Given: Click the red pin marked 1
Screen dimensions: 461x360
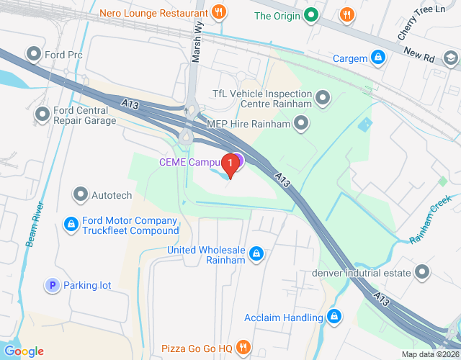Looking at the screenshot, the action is tap(230, 165).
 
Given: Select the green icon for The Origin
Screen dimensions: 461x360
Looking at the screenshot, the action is tap(311, 14).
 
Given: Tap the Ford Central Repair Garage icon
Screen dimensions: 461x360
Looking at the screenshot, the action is tap(42, 113).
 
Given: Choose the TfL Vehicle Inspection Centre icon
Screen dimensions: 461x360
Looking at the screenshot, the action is tap(323, 95).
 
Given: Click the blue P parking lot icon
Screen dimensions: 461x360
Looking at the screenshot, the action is tap(52, 286).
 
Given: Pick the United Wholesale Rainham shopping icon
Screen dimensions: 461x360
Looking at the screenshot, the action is tap(256, 253).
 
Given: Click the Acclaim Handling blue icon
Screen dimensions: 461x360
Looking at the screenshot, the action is tap(334, 317).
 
